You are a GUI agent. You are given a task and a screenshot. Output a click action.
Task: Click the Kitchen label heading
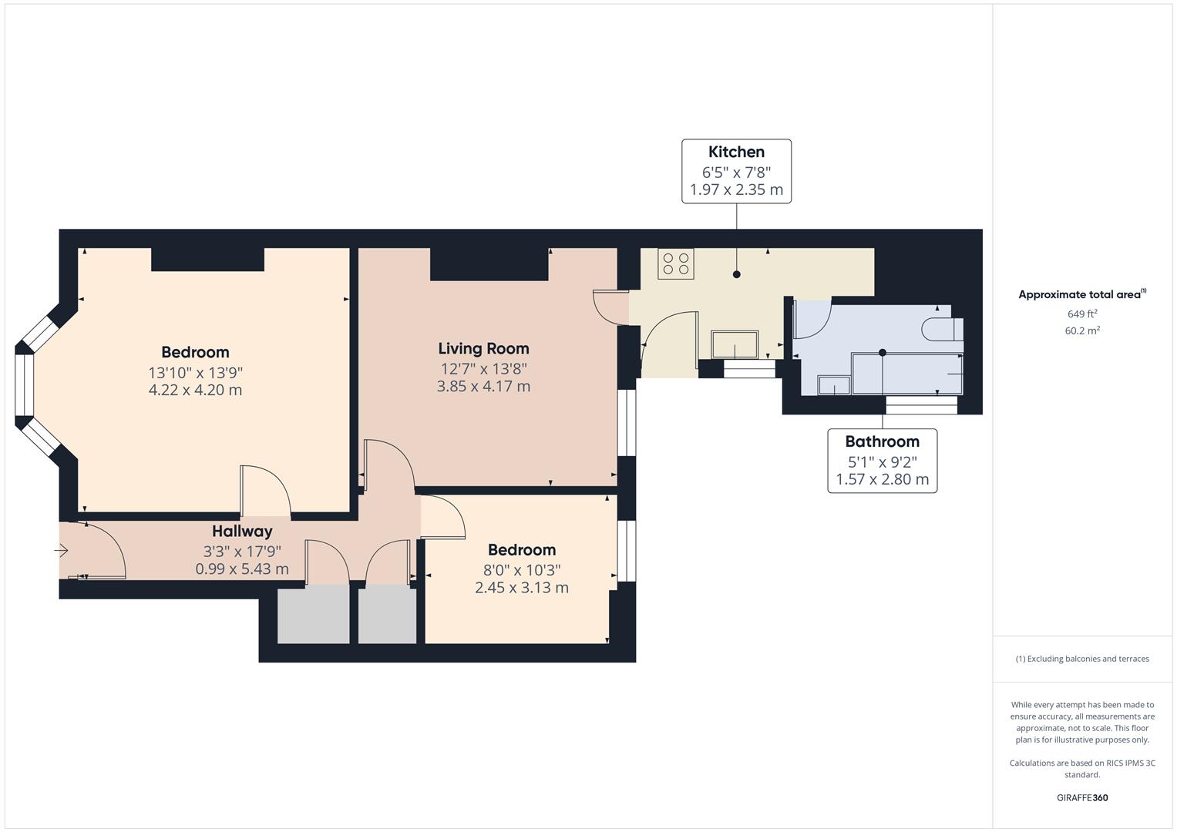click(x=736, y=153)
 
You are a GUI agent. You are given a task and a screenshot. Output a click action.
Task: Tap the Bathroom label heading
click(x=883, y=441)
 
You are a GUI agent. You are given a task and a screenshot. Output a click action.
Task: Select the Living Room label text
click(x=483, y=349)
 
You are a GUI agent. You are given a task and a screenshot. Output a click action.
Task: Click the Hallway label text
click(x=242, y=532)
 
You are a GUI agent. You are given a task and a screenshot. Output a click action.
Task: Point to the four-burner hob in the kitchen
click(x=676, y=263)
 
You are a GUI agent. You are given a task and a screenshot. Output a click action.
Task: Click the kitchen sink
click(x=735, y=344)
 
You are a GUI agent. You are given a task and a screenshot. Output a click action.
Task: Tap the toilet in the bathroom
click(x=943, y=330)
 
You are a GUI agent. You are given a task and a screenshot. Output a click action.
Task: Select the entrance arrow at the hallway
click(x=61, y=551)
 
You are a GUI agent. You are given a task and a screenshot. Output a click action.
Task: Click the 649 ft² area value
click(x=1082, y=314)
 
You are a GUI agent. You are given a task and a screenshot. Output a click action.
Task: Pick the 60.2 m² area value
click(x=1082, y=331)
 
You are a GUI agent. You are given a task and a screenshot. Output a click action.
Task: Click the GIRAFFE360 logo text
click(x=1082, y=798)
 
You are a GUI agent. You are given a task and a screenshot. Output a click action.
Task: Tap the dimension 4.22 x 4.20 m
click(x=195, y=391)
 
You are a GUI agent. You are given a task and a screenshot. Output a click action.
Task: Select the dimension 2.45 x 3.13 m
click(x=521, y=588)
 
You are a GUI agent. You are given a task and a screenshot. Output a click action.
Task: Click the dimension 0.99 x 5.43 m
click(x=242, y=569)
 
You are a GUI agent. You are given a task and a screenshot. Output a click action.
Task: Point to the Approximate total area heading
click(x=1082, y=294)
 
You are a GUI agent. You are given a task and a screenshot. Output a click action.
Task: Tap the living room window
click(x=627, y=422)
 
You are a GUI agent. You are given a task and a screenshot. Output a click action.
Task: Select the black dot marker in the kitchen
click(x=736, y=274)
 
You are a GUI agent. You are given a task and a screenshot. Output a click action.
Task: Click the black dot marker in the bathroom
click(x=883, y=353)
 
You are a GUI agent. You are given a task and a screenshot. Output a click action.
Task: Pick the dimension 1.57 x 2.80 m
click(x=883, y=479)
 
